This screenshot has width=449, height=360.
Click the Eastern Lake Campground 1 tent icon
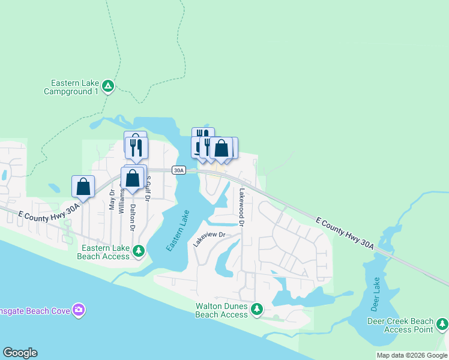click(x=107, y=86)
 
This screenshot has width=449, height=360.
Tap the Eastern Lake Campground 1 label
click(x=71, y=87)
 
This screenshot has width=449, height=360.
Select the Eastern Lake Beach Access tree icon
click(x=139, y=250)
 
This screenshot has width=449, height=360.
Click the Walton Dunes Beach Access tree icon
click(x=257, y=308)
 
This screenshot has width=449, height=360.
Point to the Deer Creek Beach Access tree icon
click(x=442, y=324)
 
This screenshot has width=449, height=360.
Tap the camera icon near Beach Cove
click(x=79, y=310)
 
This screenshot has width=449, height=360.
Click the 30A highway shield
click(x=178, y=170)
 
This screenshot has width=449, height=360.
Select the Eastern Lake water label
click(x=178, y=230)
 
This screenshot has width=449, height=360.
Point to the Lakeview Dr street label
click(x=208, y=239)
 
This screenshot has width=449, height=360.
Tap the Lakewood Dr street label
click(x=242, y=207)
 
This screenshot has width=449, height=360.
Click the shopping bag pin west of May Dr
click(x=83, y=187)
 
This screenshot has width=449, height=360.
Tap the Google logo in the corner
click(x=20, y=353)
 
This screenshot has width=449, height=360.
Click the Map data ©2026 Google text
click(x=412, y=355)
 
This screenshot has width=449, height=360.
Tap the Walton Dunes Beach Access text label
click(x=222, y=310)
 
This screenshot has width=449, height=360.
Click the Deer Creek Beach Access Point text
click(x=400, y=325)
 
